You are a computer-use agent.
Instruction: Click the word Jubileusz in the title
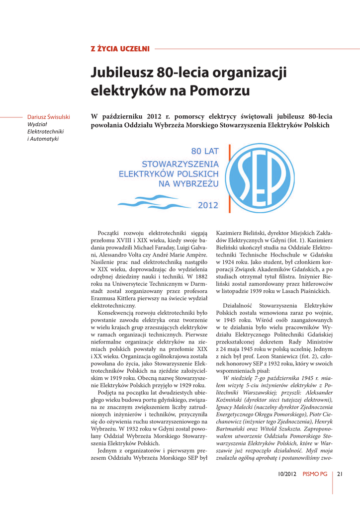(x=121, y=73)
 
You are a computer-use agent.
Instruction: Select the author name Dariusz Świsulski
(x=48, y=117)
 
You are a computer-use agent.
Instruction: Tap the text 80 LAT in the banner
(x=205, y=151)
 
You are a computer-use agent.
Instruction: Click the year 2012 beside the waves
(x=208, y=204)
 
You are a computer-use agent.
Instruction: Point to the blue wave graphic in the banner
(x=154, y=201)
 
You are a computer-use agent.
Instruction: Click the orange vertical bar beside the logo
(x=229, y=178)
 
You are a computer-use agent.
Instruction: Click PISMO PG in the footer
(x=315, y=474)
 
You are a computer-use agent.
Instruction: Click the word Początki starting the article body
(x=112, y=233)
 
